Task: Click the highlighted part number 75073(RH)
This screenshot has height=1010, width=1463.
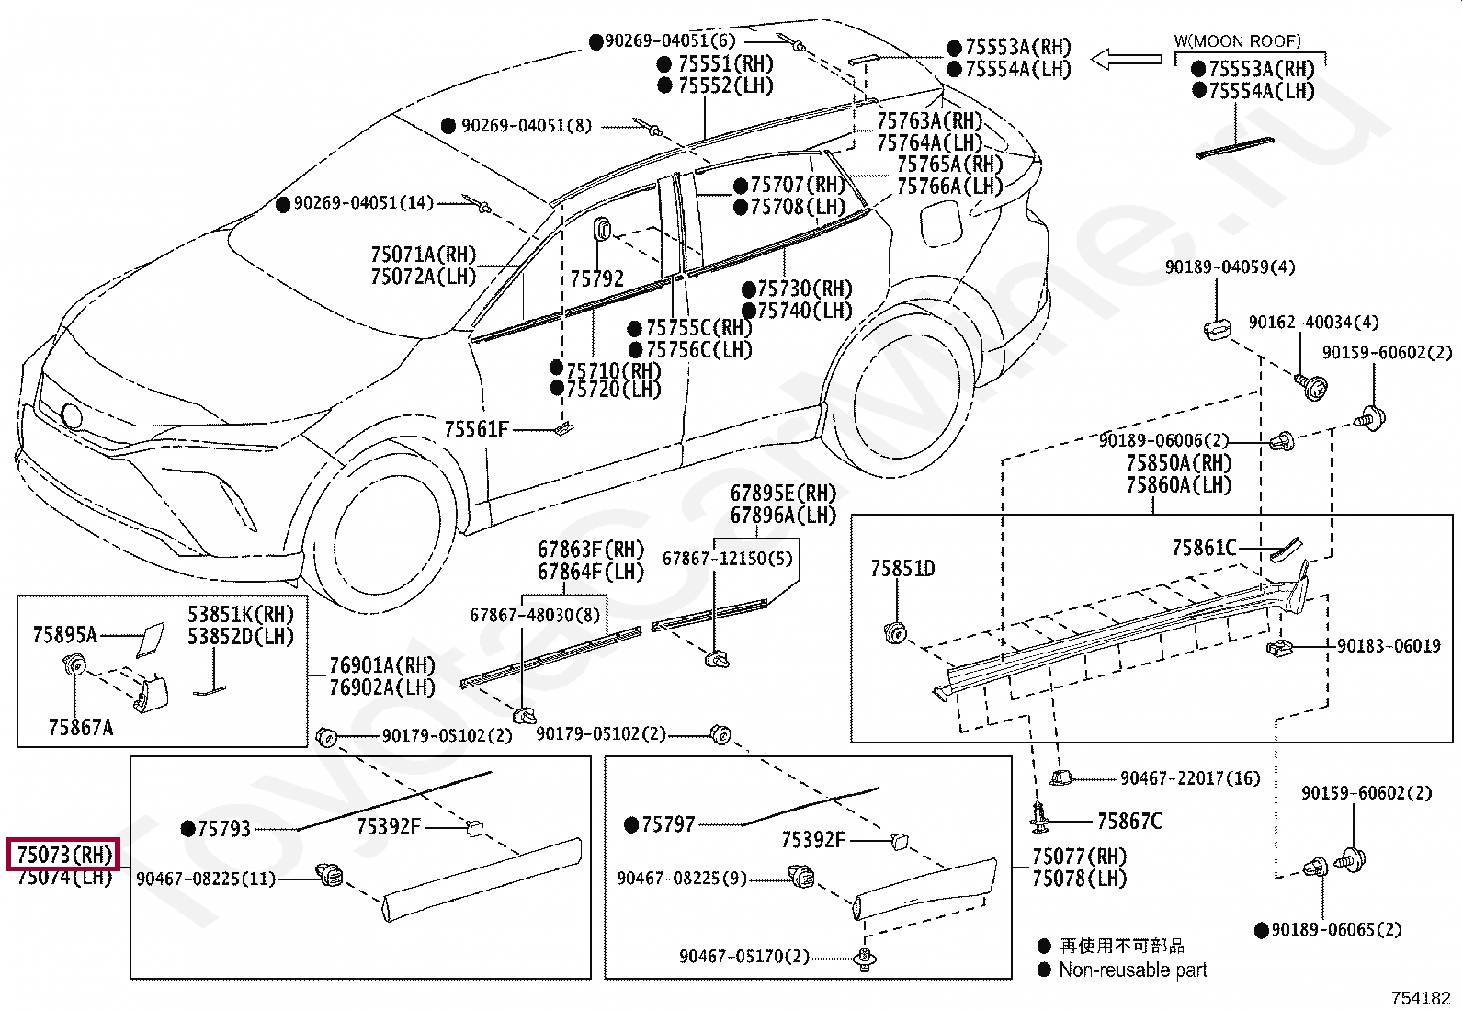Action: click(64, 855)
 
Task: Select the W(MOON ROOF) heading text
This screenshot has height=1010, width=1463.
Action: click(1237, 41)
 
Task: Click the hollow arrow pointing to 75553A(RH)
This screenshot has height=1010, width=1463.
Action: click(1127, 59)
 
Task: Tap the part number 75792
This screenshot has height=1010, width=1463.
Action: click(596, 278)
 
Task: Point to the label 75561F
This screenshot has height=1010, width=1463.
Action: click(476, 429)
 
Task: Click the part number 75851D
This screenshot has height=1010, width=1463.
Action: click(902, 569)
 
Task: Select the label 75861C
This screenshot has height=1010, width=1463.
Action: click(1204, 549)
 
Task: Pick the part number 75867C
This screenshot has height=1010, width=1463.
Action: click(1129, 822)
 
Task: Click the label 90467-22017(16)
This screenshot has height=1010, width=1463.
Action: click(1190, 778)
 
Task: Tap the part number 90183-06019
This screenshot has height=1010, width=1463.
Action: click(1389, 646)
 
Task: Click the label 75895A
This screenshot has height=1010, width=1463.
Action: click(64, 634)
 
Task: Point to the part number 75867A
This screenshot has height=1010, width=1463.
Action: click(81, 728)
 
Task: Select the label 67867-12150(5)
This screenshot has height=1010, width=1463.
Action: click(727, 559)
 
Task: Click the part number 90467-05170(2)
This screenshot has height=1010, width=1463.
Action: click(744, 957)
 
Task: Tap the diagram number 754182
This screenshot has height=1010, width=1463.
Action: click(1421, 997)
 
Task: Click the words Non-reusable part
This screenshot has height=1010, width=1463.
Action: click(1132, 970)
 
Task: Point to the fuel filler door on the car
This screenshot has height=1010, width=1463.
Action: click(939, 224)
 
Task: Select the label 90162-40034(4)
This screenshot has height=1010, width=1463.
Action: click(1313, 323)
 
